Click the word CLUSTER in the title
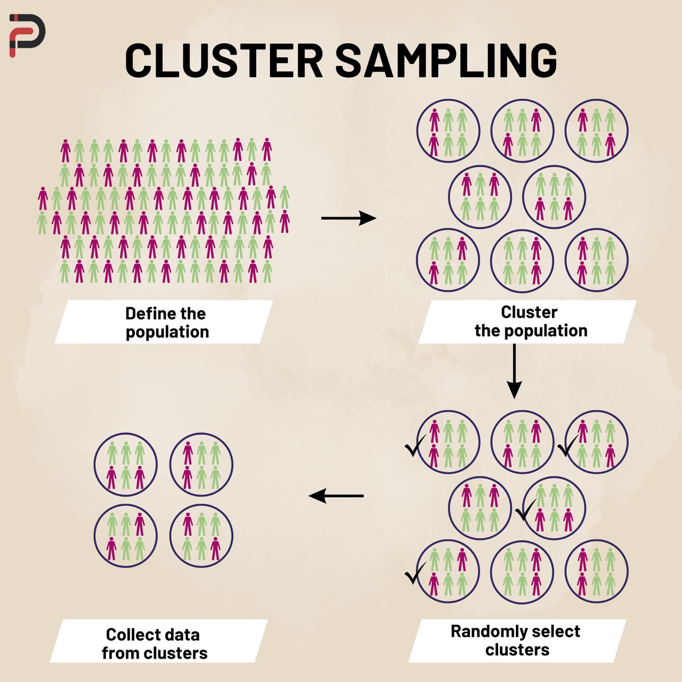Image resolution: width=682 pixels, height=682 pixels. [x=224, y=61]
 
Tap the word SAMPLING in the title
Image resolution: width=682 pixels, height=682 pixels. [x=446, y=61]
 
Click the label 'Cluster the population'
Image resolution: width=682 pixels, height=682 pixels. [x=531, y=322]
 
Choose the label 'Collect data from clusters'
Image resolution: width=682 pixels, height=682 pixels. [x=154, y=644]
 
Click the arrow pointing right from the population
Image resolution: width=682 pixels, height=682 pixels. [x=349, y=218]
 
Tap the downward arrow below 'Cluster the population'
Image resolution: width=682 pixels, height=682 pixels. [x=514, y=371]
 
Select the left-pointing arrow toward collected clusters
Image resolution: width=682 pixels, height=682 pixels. [x=336, y=496]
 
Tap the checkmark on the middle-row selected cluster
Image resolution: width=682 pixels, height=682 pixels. [x=526, y=510]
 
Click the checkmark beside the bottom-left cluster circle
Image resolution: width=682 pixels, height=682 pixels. [x=415, y=573]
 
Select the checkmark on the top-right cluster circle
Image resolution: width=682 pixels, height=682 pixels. [x=568, y=445]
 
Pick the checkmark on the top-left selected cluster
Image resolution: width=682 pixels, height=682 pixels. [x=415, y=445]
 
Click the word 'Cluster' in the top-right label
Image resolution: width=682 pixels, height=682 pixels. [x=529, y=312]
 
